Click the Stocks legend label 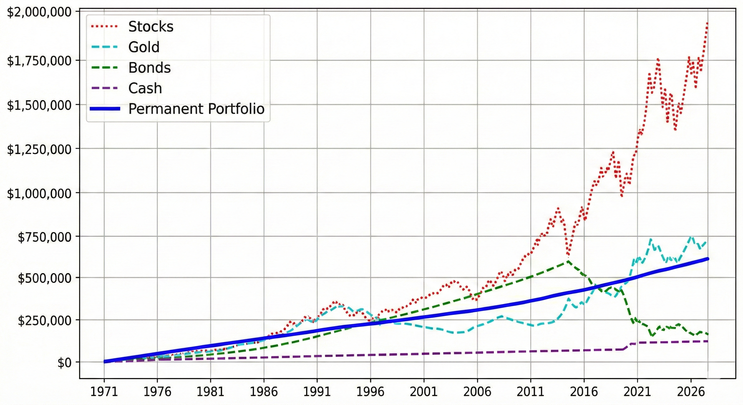coord(151,27)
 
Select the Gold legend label coord(144,47)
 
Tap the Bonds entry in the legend coord(149,68)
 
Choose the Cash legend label coord(145,88)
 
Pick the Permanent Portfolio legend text coord(196,109)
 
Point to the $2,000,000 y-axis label coord(39,13)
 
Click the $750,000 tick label coord(45,238)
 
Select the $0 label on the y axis coord(64,363)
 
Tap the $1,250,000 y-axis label coord(39,150)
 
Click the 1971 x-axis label coord(104,392)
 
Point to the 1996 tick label coord(370,392)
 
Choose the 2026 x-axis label coord(690,392)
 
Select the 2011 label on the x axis coord(530,392)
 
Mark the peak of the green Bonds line coord(568,261)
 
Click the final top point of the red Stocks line coord(707,23)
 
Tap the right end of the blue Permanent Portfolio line coord(708,259)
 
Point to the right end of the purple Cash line coord(708,341)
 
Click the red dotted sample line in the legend coord(104,27)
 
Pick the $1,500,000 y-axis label coord(39,105)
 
